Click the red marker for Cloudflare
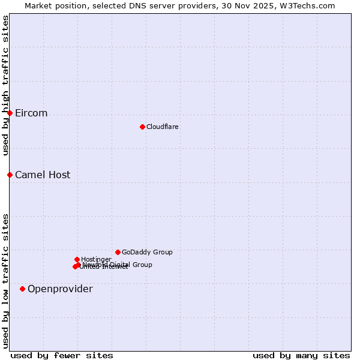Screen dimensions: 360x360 click(x=142, y=127)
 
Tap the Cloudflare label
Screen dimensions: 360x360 click(x=162, y=127)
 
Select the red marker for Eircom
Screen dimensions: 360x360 click(x=10, y=113)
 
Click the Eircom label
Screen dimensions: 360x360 click(x=31, y=113)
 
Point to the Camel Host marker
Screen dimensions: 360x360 click(x=10, y=175)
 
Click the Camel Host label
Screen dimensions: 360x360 click(x=43, y=175)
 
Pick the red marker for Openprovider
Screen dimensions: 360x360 click(x=22, y=289)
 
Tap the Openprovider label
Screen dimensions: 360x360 click(x=60, y=289)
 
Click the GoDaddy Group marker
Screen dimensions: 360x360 click(x=118, y=252)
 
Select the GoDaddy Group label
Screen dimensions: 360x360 click(x=147, y=253)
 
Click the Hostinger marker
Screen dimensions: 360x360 click(x=77, y=259)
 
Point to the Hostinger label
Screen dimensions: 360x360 click(x=96, y=259)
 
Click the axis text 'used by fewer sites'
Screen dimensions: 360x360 click(x=62, y=355)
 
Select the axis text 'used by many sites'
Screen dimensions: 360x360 click(x=301, y=355)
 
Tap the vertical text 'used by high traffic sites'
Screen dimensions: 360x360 click(x=5, y=86)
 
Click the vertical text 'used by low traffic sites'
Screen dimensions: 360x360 click(x=5, y=280)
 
